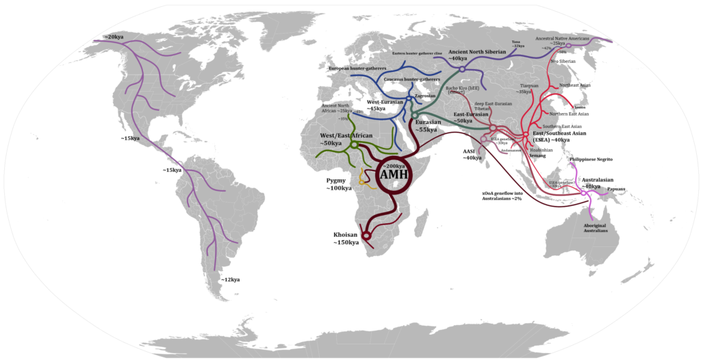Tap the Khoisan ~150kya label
346,239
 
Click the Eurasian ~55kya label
426,125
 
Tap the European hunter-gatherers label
358,69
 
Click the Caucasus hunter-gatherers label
411,79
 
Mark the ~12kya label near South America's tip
230,279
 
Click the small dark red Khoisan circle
366,235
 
